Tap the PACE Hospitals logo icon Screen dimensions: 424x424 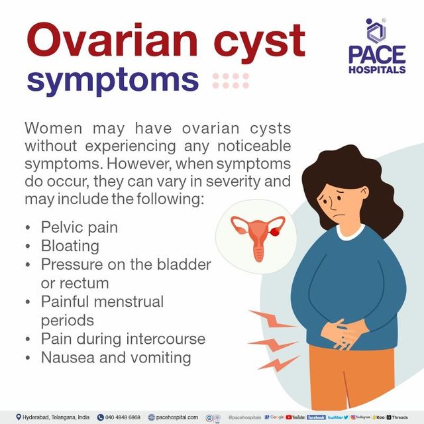coord(376,31)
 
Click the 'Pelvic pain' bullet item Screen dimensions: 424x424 coord(79,227)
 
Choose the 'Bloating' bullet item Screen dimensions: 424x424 coord(70,246)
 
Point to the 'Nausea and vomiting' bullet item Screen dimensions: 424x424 coord(116,358)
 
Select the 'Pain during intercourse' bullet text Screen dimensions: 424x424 coord(123,339)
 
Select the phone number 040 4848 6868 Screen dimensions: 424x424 coord(123,417)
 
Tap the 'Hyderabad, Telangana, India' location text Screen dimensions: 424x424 coord(53,417)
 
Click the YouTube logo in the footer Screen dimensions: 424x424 coord(295,417)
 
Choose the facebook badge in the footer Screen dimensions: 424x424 coord(316,417)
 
